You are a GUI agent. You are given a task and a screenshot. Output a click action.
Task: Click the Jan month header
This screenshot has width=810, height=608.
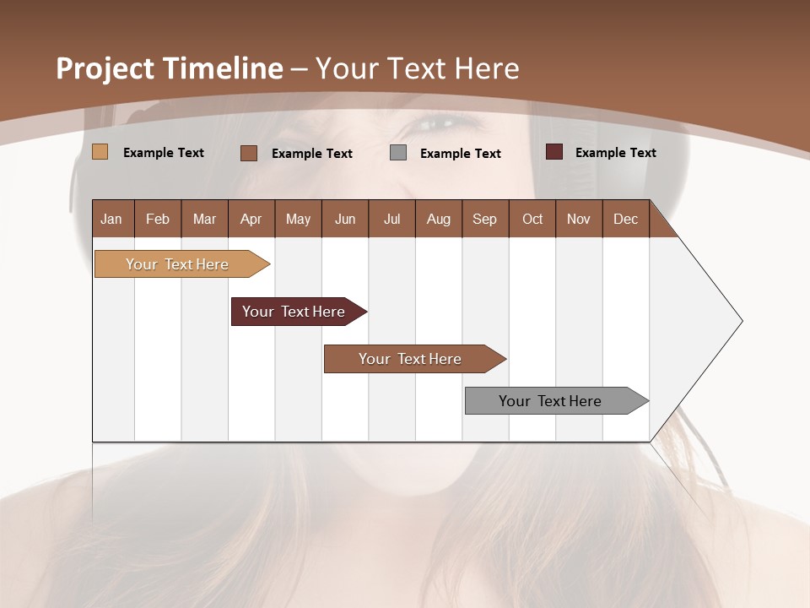(111, 219)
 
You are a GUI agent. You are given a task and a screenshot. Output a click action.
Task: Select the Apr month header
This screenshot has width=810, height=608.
(251, 219)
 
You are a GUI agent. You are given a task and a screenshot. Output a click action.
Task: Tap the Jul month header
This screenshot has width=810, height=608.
(391, 219)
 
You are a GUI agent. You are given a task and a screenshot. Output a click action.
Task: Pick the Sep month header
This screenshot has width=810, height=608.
(484, 219)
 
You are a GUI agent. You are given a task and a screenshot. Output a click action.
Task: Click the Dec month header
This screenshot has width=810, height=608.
(625, 219)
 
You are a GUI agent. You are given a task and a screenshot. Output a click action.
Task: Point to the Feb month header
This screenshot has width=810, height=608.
(158, 219)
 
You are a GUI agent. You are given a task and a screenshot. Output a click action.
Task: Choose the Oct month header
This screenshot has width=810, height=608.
(532, 219)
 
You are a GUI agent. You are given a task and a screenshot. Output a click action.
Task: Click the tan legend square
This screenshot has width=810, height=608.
(100, 152)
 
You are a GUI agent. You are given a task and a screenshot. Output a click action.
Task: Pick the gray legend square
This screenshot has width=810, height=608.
(398, 153)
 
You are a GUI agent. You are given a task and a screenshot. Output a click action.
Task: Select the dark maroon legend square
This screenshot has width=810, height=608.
(553, 152)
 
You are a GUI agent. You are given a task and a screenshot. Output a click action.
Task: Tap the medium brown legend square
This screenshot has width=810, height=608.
(249, 153)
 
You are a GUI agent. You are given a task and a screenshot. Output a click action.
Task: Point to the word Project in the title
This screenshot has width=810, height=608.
(104, 68)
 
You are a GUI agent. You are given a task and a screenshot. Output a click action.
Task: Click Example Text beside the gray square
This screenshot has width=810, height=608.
(460, 154)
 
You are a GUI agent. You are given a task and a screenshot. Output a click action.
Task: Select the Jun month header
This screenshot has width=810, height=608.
(345, 219)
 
